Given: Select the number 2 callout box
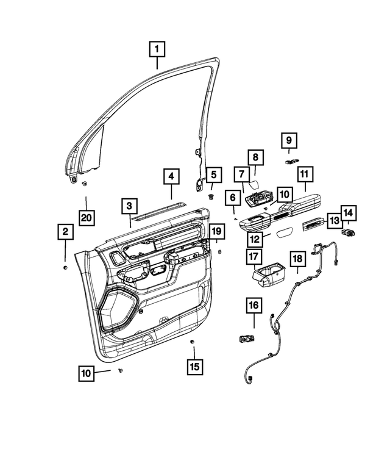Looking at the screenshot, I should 65,232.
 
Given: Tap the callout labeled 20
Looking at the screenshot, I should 87,217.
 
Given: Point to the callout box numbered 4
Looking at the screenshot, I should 172,177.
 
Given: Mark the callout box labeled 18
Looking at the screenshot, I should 297,259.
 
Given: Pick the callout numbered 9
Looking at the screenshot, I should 289,141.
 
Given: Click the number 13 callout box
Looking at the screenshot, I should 334,220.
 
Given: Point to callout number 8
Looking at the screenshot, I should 255,157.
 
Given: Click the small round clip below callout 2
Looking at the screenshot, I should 65,267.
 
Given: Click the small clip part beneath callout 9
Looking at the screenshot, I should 291,161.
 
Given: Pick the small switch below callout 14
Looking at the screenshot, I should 350,232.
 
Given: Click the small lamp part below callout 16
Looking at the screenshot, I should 247,337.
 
